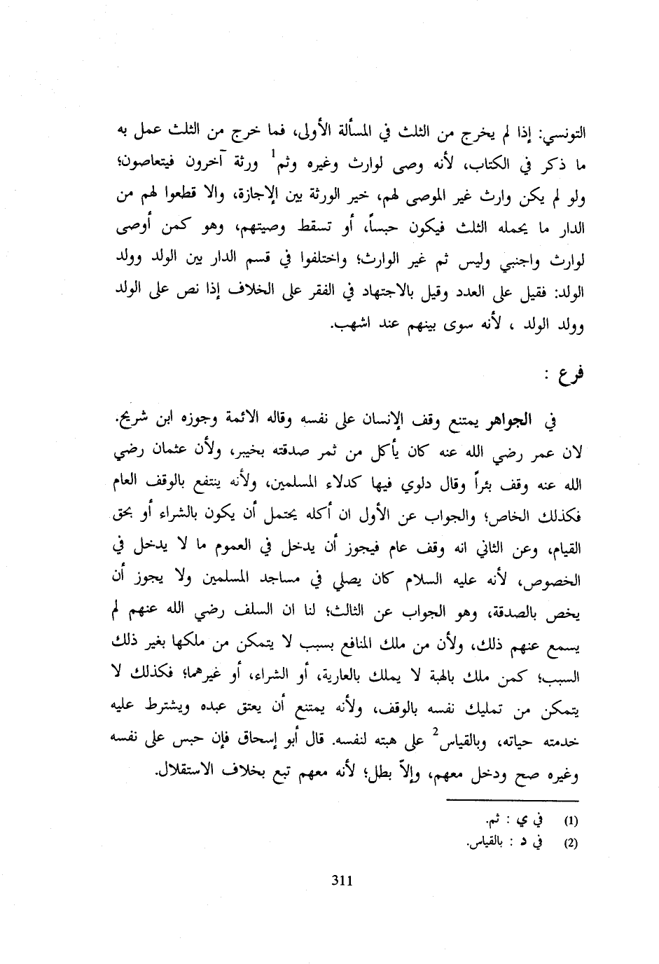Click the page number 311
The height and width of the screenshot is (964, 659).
(x=340, y=881)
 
